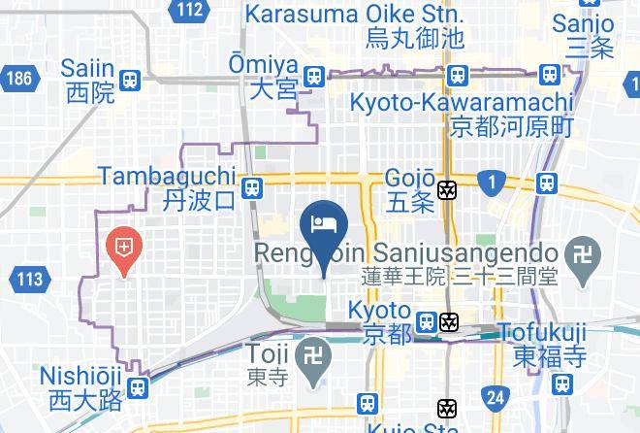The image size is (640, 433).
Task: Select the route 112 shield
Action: point(191,11)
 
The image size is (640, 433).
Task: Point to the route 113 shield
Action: point(30,280)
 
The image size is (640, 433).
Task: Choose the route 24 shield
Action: point(496,396)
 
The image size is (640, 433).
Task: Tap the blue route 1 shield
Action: point(494,181)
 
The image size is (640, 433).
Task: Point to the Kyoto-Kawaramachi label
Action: point(462,114)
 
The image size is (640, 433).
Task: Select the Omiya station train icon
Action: point(312,77)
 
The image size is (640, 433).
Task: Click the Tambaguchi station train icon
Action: point(252,187)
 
